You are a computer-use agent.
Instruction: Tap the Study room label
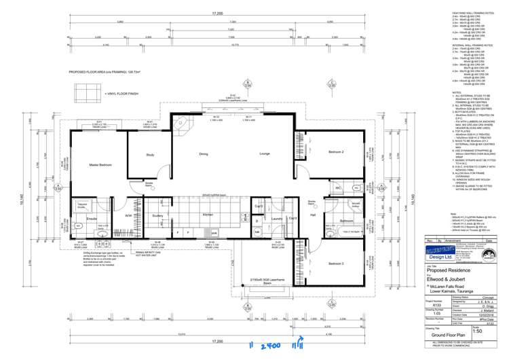coord(150,155)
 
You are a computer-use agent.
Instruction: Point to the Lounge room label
coord(246,154)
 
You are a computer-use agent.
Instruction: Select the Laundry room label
coord(276,219)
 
